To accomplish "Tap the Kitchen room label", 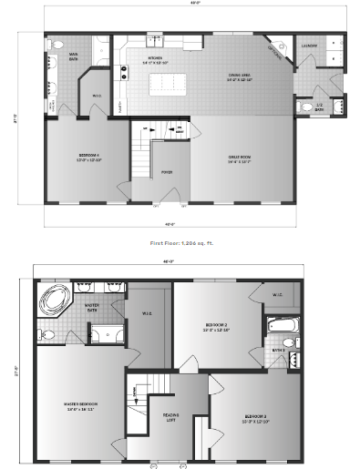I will [x=151, y=62].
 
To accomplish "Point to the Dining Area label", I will [x=241, y=78].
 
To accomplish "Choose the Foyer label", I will [x=167, y=171].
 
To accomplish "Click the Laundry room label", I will [x=309, y=46].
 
